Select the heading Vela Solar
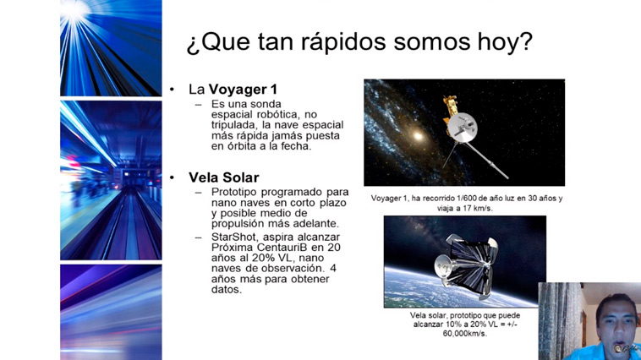[223, 177]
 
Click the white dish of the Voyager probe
[462, 127]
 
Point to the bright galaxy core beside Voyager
[418, 136]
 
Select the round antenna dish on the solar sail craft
[443, 264]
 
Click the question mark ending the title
[526, 41]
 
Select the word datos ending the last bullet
[227, 290]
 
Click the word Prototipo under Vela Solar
[234, 192]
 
